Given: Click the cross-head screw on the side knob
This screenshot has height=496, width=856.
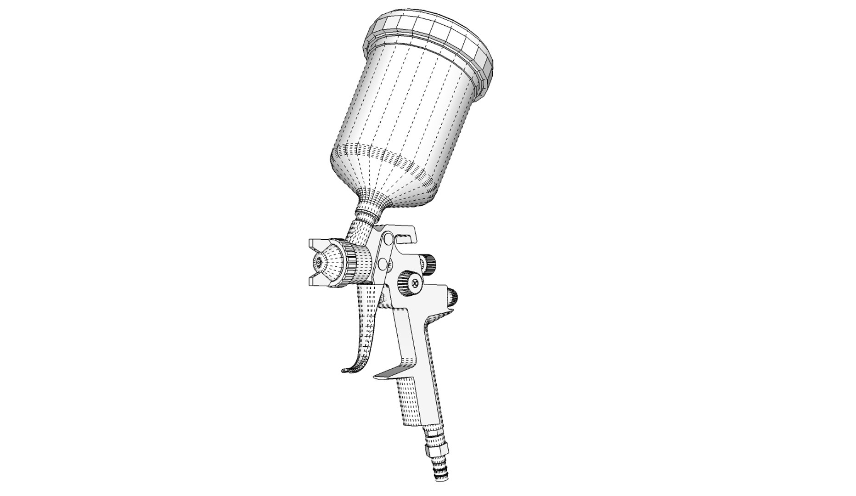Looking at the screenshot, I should click(416, 284).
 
